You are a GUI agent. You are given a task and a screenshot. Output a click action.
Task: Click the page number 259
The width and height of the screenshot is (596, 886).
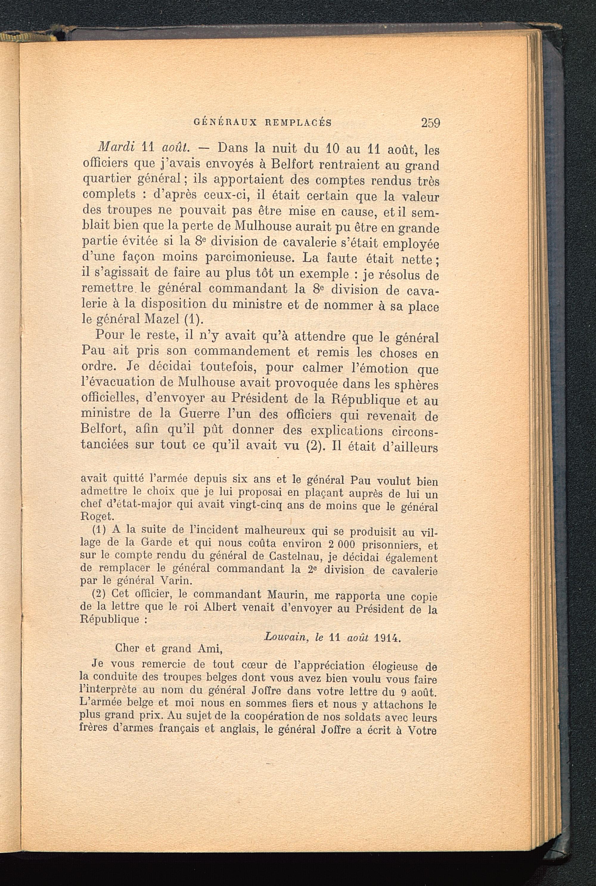(430, 123)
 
